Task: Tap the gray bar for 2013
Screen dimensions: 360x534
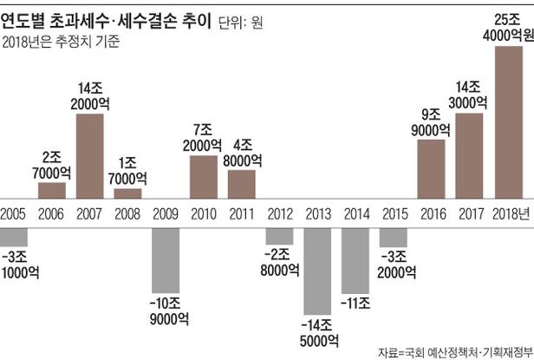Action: coord(317,269)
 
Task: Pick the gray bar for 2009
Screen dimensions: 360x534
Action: coord(165,257)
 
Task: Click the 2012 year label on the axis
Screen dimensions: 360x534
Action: coord(279,213)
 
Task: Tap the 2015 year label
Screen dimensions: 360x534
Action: coord(394,213)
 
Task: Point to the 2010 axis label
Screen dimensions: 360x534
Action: coord(203,213)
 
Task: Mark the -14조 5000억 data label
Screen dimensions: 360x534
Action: coord(317,333)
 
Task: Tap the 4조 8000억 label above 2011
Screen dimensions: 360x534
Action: coord(242,153)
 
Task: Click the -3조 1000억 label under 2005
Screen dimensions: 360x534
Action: coord(16,264)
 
